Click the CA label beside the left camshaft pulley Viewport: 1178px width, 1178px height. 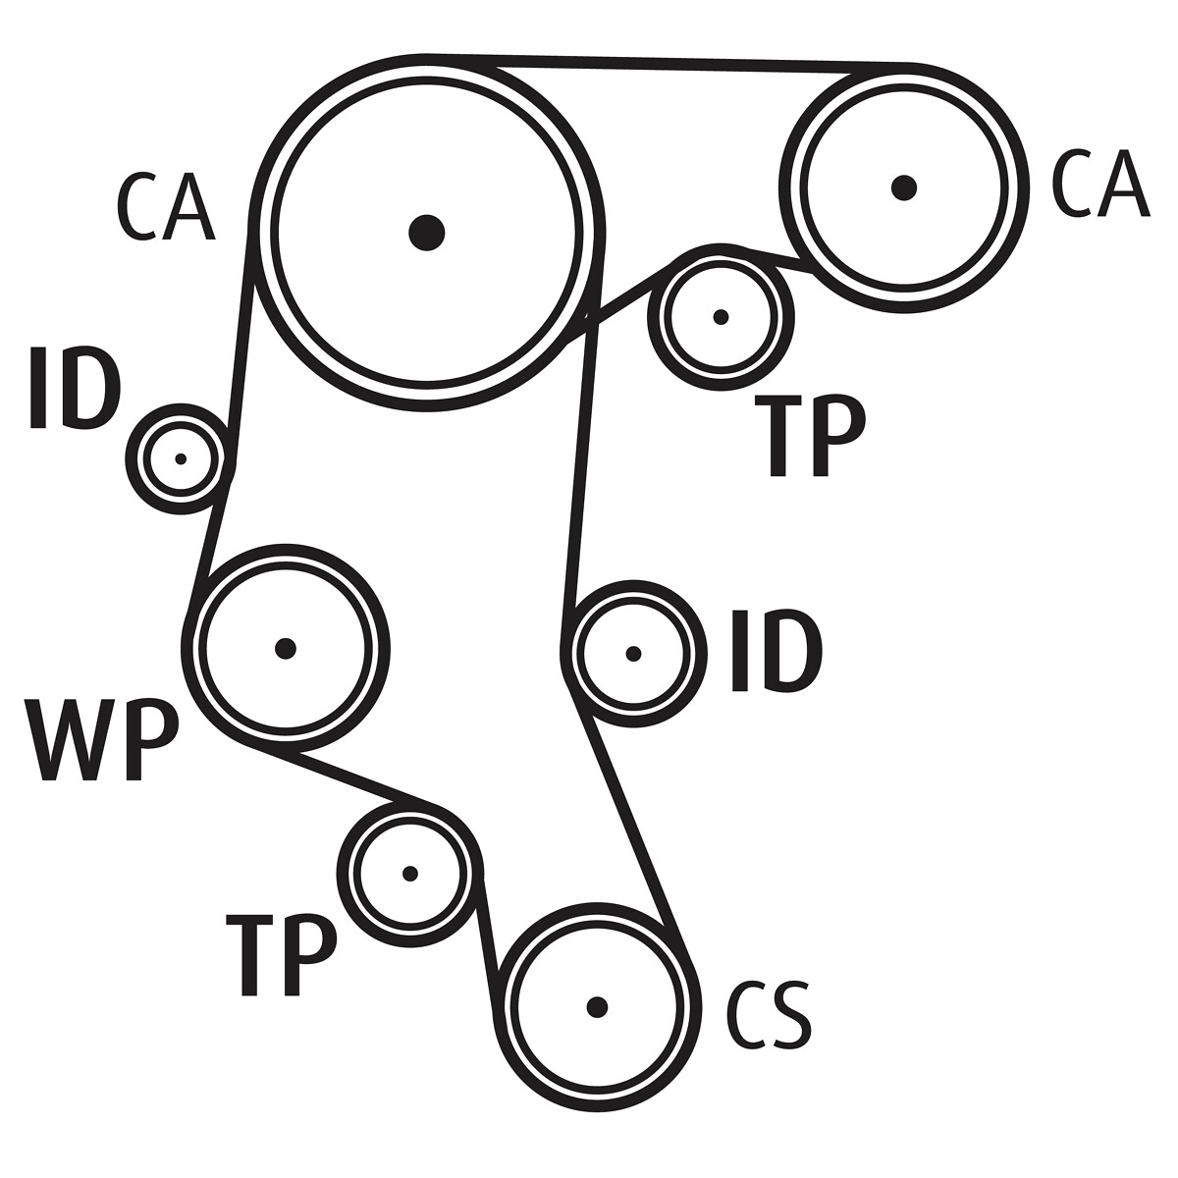(165, 208)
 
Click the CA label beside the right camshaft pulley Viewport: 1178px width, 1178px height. (1099, 185)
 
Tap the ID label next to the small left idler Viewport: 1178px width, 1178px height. (75, 389)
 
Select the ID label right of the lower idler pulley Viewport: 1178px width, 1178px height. (776, 651)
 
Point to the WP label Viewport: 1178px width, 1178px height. (102, 740)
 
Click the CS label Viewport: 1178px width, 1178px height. (769, 1014)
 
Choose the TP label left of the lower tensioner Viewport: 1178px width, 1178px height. (282, 955)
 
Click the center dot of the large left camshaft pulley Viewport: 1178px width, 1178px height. (426, 233)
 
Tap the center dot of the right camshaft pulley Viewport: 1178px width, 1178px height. (904, 187)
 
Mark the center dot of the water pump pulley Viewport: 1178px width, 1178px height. (286, 648)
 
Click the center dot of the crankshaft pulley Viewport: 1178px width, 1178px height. (597, 1006)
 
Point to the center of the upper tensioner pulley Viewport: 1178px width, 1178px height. (722, 317)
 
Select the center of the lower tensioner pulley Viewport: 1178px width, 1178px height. (410, 874)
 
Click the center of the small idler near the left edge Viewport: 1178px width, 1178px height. (181, 458)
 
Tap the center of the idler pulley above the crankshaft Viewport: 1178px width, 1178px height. (633, 653)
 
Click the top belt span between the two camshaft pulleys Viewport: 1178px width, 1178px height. (668, 63)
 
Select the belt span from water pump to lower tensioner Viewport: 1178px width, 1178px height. (344, 777)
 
